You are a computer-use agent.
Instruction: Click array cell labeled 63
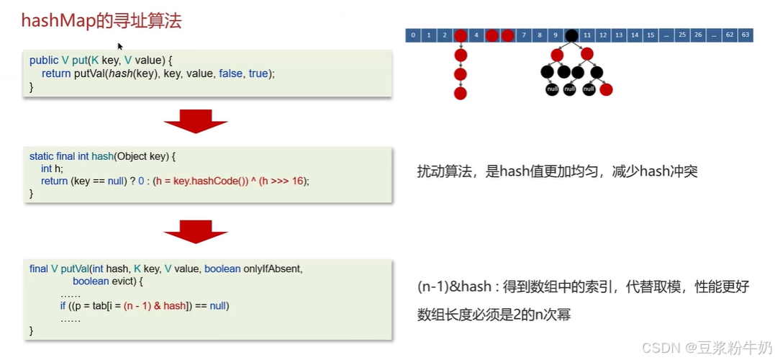(x=745, y=35)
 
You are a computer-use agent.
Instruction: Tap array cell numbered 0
(x=413, y=35)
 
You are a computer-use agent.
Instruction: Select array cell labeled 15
(x=651, y=35)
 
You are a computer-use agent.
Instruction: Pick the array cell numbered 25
(x=681, y=35)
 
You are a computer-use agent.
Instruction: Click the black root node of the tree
(x=571, y=35)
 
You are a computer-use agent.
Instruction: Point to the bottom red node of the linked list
(x=461, y=93)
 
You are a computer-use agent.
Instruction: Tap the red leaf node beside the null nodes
(x=606, y=89)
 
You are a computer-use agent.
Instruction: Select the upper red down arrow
(x=196, y=122)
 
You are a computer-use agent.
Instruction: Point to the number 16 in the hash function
(x=298, y=181)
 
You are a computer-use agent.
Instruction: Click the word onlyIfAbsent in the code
(x=272, y=269)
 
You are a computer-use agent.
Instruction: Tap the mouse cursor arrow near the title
(x=120, y=46)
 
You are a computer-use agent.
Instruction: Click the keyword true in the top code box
(x=258, y=73)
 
